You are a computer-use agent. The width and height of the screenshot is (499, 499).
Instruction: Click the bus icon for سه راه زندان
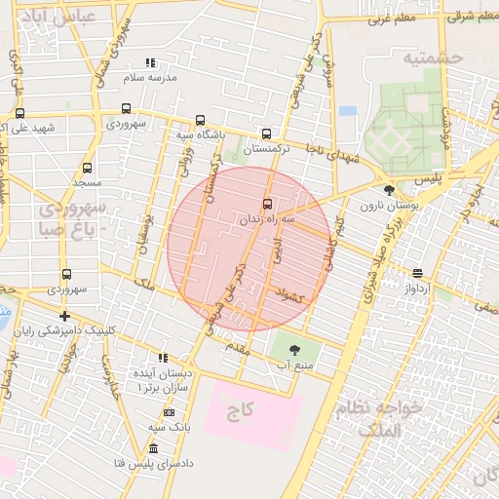pos(268,204)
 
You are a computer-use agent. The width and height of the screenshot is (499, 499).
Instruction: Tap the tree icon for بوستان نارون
pos(390,190)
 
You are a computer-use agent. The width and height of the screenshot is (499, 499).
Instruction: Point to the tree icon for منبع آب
pos(290,349)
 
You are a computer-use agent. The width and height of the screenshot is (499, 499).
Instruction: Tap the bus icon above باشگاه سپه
pos(200,121)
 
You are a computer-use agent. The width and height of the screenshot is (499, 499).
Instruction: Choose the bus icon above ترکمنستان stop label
pos(267,134)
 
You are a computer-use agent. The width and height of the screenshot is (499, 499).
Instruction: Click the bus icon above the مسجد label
pos(87,168)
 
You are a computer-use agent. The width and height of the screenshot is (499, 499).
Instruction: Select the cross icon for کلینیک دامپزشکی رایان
pos(64,316)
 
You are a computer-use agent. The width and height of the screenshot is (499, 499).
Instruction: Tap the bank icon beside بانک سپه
pos(170,414)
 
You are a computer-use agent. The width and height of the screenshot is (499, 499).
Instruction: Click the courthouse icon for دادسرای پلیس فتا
pos(153,448)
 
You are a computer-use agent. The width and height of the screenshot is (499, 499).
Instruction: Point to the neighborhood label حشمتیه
pos(434,58)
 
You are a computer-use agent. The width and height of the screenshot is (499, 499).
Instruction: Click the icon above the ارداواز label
pos(417,273)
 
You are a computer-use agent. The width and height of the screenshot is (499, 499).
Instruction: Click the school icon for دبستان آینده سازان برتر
pos(163,358)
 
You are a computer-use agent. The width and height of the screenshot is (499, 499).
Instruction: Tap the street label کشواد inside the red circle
pos(290,294)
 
